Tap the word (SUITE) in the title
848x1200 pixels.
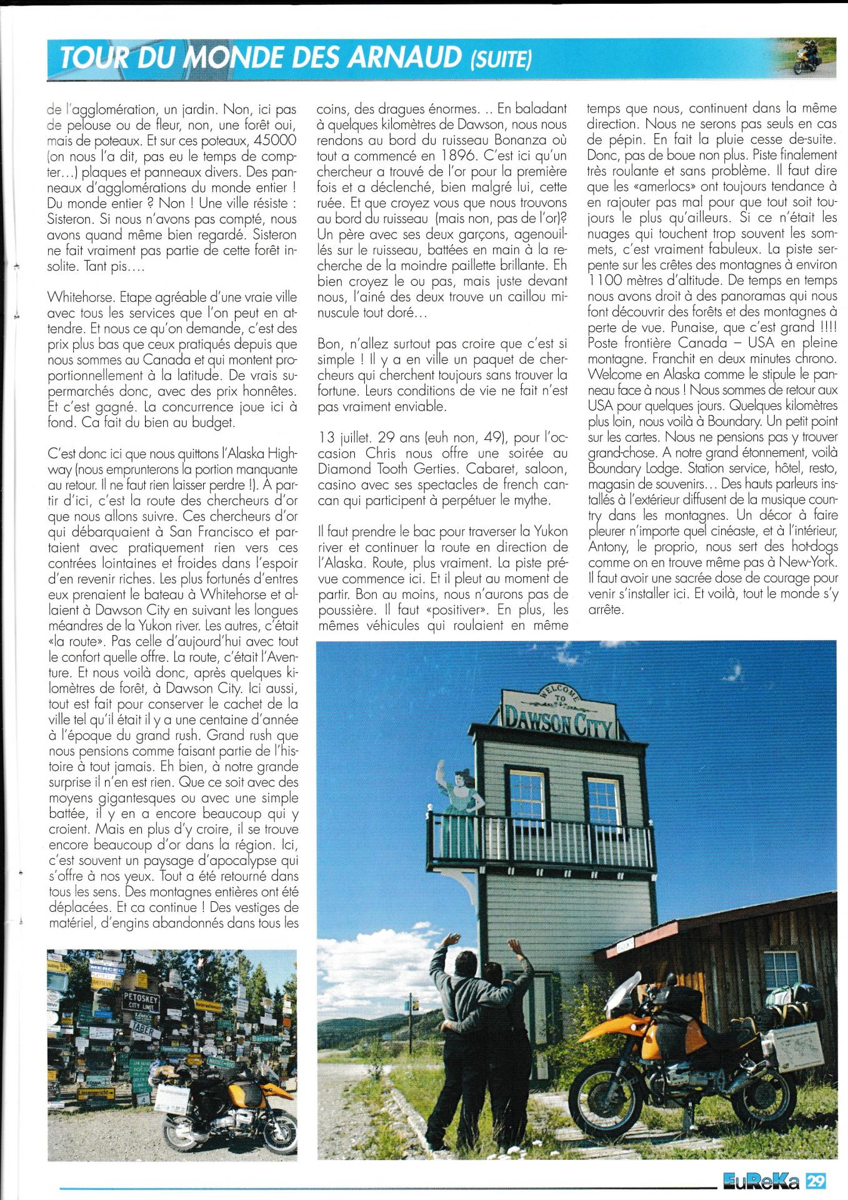pos(499,60)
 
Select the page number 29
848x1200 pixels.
pos(816,1181)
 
